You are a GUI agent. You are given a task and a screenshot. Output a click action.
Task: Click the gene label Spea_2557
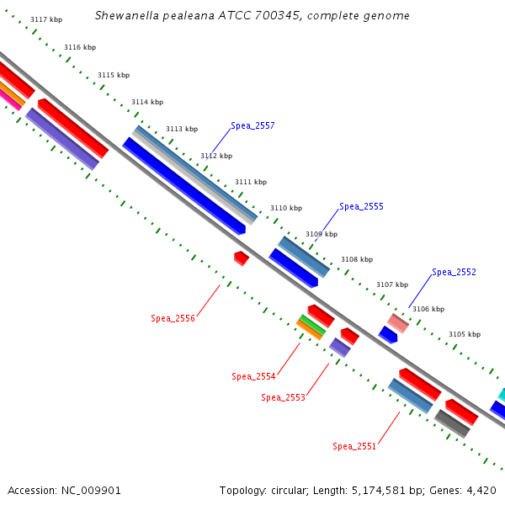252,125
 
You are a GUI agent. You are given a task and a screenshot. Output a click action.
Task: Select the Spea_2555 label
361,206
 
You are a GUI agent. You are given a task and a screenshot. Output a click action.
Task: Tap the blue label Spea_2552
454,272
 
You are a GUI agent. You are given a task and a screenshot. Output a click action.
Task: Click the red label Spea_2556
173,318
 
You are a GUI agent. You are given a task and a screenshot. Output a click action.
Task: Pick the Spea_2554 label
253,376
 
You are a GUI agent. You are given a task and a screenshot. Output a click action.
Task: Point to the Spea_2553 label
283,397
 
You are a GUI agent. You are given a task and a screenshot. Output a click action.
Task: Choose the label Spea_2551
354,446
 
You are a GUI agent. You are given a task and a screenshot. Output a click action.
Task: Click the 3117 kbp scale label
46,19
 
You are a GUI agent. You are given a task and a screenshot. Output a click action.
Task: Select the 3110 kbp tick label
285,208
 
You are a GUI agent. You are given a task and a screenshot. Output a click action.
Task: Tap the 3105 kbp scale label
464,334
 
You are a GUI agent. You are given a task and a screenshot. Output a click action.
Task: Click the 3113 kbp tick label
181,129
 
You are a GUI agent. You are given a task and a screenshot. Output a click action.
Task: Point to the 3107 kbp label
391,284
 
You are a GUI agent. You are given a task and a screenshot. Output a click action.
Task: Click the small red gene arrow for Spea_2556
242,258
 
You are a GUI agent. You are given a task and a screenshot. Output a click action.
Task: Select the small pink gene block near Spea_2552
398,322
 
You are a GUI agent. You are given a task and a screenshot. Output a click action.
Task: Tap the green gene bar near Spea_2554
312,323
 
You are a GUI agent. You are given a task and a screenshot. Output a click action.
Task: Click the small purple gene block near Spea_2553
339,347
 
